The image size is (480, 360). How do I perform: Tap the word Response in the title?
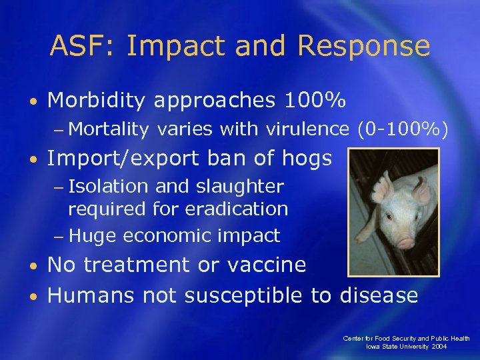(x=363, y=47)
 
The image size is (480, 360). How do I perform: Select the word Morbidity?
(x=96, y=101)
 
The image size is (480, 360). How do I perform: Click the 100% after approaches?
(x=315, y=101)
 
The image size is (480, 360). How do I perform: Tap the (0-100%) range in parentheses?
(x=403, y=129)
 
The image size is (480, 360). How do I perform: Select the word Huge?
(x=93, y=235)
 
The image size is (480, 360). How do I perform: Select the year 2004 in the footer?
(x=458, y=347)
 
